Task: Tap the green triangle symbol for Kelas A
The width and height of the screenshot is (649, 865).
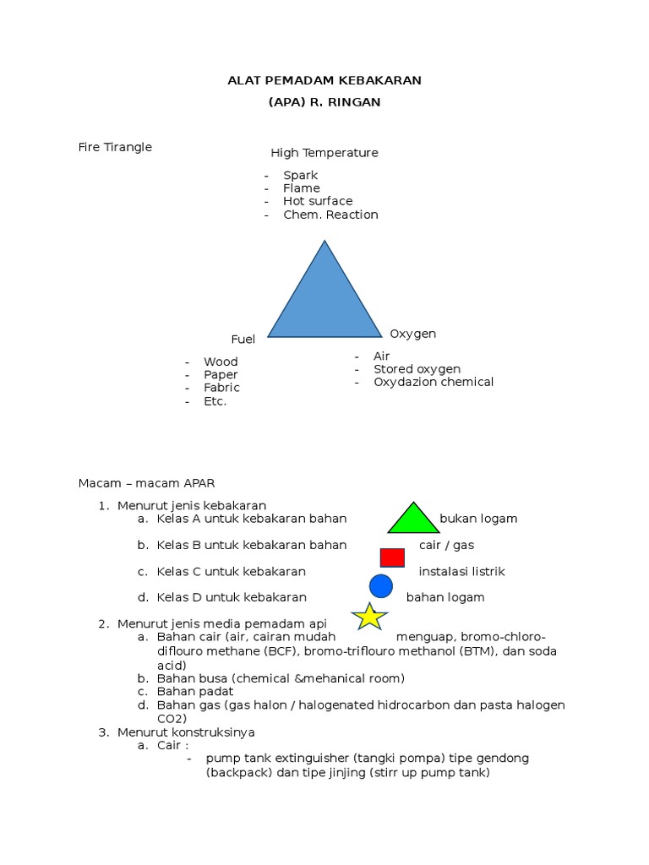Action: [413, 521]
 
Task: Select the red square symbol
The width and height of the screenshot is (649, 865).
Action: [392, 558]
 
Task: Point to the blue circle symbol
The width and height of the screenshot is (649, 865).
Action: [381, 585]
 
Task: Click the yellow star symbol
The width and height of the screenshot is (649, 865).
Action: [369, 617]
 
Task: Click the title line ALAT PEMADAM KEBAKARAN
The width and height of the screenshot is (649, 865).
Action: [324, 80]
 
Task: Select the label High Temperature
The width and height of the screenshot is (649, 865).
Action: [324, 153]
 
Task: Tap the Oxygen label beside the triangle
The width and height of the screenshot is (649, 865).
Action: [412, 334]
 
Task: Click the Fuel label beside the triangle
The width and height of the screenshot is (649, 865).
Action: [243, 340]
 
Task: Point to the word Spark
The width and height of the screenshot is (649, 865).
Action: [301, 176]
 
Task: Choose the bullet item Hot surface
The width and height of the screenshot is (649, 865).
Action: [318, 201]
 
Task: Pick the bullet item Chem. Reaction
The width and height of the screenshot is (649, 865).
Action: [330, 215]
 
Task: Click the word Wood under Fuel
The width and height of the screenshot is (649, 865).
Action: [221, 362]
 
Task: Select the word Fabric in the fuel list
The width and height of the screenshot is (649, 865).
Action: [221, 388]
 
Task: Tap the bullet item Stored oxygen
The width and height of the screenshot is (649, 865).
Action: [417, 369]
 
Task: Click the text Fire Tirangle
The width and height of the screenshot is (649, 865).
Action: [115, 147]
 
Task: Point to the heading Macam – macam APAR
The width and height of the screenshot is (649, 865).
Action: [147, 483]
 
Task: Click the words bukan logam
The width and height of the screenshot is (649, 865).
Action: [478, 519]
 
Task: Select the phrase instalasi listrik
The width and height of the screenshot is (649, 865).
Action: [461, 572]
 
